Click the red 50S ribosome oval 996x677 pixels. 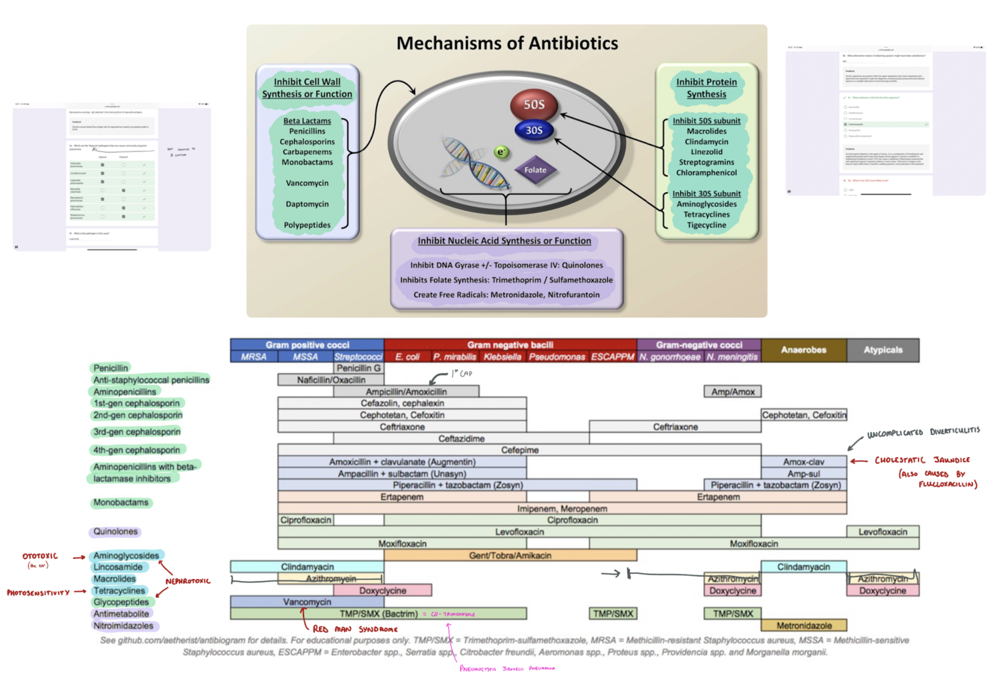point(534,105)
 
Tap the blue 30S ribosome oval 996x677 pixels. point(534,130)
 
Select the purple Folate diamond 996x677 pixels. point(535,170)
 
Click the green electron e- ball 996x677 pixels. point(502,152)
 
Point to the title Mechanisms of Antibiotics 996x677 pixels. point(507,43)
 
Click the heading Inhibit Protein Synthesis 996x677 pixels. point(706,87)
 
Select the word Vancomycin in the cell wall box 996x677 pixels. point(307,183)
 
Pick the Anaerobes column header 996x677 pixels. point(803,350)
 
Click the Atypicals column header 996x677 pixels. point(883,350)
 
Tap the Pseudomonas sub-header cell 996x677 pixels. point(558,357)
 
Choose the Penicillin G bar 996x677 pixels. point(358,368)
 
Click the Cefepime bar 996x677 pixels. point(520,450)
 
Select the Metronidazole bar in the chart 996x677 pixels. point(804,625)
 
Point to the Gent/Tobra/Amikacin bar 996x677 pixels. point(510,555)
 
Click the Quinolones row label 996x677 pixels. point(116,532)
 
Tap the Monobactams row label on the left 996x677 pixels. point(121,503)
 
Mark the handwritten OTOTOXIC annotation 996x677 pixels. point(40,557)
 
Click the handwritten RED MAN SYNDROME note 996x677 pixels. point(355,629)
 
